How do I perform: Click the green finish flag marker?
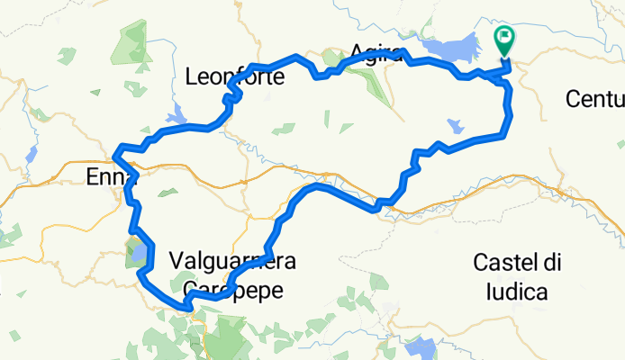point(503,39)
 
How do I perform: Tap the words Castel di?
point(518,262)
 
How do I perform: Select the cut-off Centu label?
point(595,97)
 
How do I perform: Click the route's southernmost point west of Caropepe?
point(188,308)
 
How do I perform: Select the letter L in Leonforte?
point(190,77)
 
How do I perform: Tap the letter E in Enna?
point(92,177)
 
